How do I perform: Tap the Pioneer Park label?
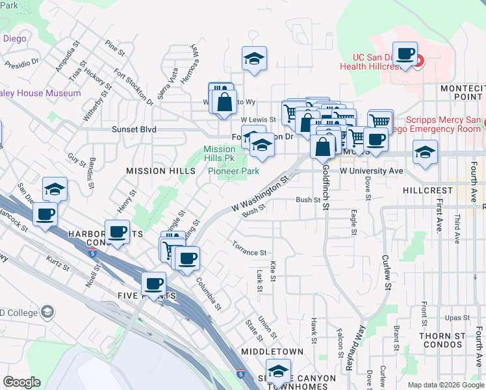click(x=234, y=171)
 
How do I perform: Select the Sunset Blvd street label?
click(x=134, y=129)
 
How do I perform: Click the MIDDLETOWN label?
click(x=272, y=352)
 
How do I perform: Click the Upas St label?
click(x=457, y=318)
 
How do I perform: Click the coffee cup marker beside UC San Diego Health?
click(x=405, y=54)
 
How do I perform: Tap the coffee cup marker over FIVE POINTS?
click(x=154, y=283)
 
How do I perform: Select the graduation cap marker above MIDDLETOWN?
click(x=278, y=372)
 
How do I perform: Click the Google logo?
click(x=22, y=382)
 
